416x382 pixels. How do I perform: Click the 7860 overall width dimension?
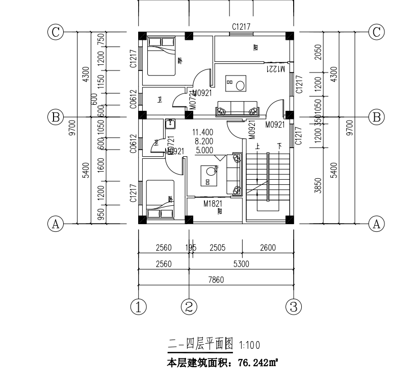click(x=216, y=279)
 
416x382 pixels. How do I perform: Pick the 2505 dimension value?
click(x=218, y=248)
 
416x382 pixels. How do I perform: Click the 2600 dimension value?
click(x=267, y=248)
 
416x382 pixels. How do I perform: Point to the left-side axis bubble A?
click(x=55, y=223)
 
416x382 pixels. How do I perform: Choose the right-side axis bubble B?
click(x=376, y=117)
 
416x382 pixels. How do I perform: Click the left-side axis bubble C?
click(x=55, y=32)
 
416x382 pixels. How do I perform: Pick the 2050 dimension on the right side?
click(x=318, y=52)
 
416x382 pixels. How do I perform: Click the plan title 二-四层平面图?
click(x=200, y=346)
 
